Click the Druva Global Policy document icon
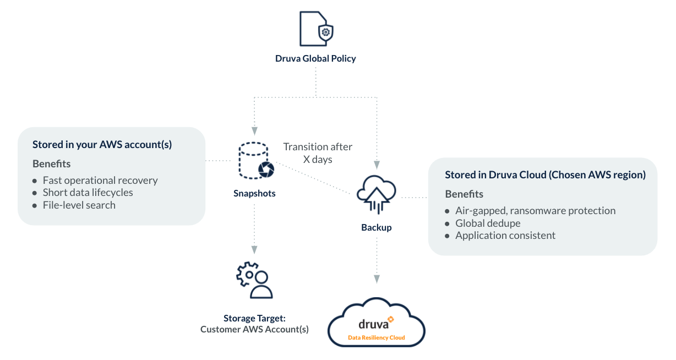click(315, 29)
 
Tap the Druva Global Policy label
click(315, 58)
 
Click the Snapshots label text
click(254, 194)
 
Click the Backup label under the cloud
click(377, 227)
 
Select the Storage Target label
click(254, 318)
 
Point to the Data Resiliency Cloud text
click(377, 337)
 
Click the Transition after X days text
click(318, 153)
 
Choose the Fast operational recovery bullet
click(100, 181)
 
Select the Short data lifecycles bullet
click(88, 193)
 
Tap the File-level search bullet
click(79, 205)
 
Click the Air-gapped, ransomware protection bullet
click(535, 211)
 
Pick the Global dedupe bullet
click(488, 223)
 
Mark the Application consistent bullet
click(505, 236)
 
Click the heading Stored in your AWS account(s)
click(102, 145)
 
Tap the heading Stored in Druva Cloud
click(545, 175)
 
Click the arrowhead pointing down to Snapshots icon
click(254, 132)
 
